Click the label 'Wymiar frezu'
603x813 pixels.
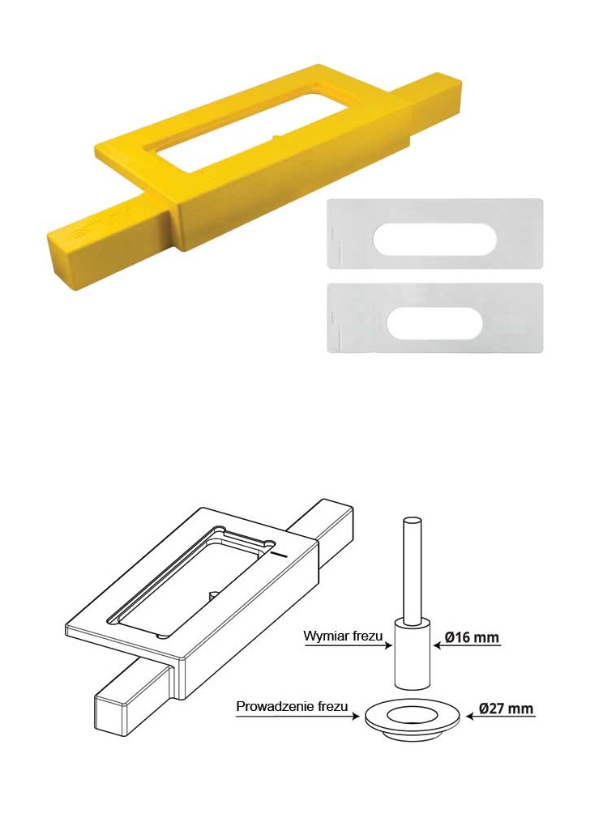[343, 636]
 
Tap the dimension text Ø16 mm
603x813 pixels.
[473, 637]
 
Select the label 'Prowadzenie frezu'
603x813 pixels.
[292, 706]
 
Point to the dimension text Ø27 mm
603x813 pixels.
[506, 709]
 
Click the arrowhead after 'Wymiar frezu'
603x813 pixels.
[388, 646]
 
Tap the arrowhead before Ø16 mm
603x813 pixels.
[438, 646]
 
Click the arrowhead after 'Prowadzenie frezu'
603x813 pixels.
[355, 717]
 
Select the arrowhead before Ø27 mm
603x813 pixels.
[471, 717]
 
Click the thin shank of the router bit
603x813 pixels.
[413, 570]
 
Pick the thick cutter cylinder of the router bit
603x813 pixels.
[413, 653]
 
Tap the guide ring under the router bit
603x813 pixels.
[413, 718]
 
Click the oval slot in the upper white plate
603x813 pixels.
[435, 239]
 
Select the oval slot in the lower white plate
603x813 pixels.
[435, 324]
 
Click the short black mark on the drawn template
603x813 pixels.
[279, 554]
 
